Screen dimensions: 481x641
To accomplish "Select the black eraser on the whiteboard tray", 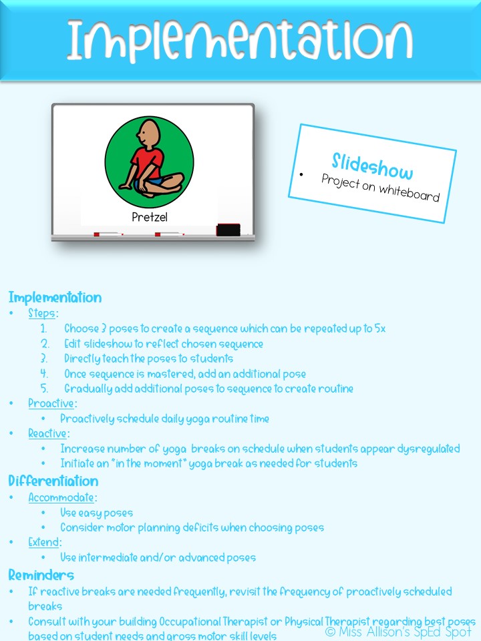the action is (x=228, y=230).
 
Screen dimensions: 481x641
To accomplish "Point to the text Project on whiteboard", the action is (x=380, y=187).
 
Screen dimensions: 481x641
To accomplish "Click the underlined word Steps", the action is (x=43, y=313).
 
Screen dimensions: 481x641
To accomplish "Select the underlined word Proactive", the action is (x=51, y=403).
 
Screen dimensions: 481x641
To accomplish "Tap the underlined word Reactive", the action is (x=47, y=434).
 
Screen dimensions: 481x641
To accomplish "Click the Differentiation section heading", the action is (x=53, y=481).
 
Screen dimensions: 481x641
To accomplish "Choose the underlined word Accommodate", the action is (x=62, y=497).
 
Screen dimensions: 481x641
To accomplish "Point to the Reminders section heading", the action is (x=41, y=575).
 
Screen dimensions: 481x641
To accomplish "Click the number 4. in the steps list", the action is (x=44, y=374).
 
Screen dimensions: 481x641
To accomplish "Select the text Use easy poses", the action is (x=97, y=513).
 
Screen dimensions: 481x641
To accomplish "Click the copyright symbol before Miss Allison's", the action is (x=330, y=631).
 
